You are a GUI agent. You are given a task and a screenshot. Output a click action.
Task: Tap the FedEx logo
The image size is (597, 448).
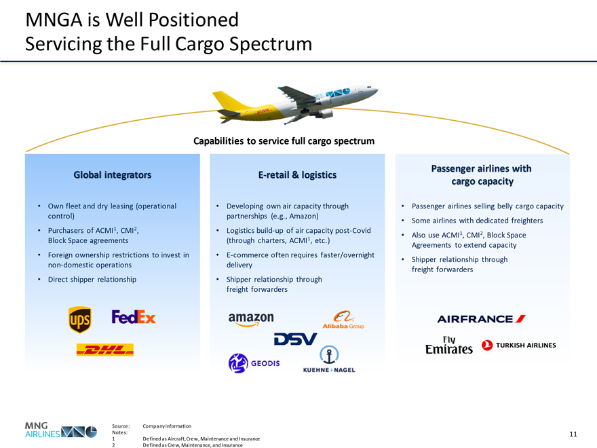(134, 317)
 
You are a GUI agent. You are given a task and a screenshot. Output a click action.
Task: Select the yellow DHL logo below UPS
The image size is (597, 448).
(105, 350)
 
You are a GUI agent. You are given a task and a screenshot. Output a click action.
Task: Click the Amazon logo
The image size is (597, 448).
(251, 318)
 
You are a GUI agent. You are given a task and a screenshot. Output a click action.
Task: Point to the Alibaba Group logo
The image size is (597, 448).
(343, 320)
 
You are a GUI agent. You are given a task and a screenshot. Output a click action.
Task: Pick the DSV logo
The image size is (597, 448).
(295, 339)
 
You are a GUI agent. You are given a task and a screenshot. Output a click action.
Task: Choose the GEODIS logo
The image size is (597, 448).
(254, 363)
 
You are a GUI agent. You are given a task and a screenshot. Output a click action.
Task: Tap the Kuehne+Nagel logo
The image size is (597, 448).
(328, 360)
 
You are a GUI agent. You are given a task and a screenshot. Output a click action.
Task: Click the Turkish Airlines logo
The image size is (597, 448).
(519, 345)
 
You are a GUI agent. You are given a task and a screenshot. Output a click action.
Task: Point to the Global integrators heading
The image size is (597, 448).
(112, 174)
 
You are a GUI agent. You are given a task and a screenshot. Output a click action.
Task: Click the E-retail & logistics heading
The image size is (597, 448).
(297, 174)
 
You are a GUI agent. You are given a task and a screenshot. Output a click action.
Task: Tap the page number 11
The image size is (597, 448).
(573, 434)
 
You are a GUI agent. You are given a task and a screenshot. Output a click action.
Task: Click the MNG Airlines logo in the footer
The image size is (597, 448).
(60, 430)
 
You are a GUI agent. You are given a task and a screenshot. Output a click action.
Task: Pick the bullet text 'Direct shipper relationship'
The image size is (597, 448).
(92, 279)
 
